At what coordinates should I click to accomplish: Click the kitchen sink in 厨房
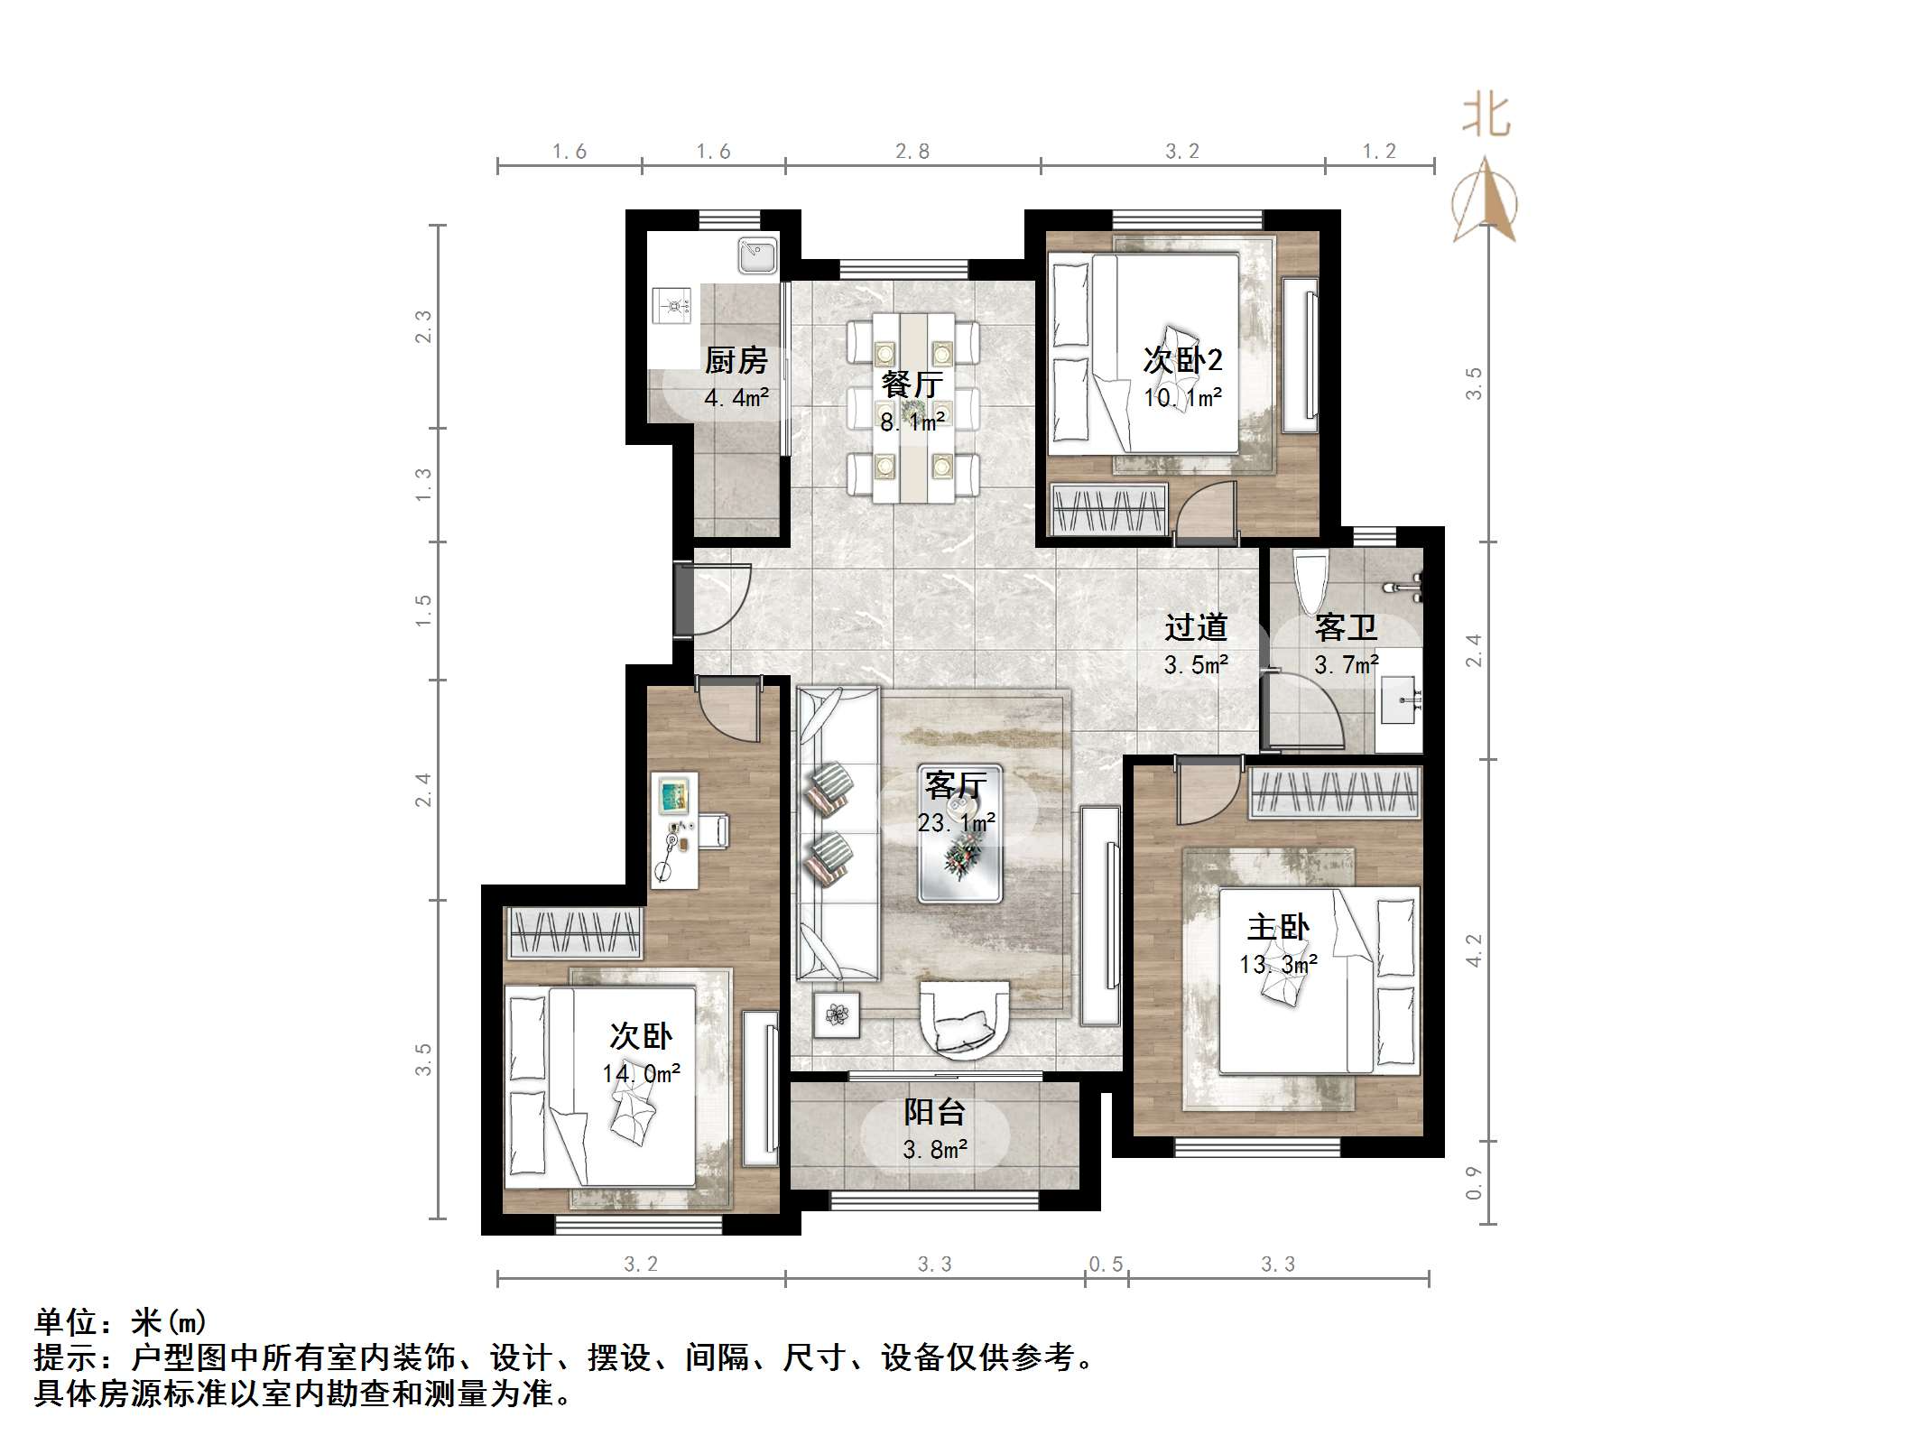(x=757, y=255)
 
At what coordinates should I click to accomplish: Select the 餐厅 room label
(x=912, y=384)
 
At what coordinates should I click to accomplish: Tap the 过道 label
(x=1196, y=626)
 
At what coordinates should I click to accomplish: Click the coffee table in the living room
(x=960, y=834)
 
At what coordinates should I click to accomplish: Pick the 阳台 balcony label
(x=934, y=1112)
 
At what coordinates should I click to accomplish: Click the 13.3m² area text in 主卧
(x=1278, y=964)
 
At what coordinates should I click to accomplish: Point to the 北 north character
(x=1486, y=117)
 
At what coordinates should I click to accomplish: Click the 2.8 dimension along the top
(x=912, y=152)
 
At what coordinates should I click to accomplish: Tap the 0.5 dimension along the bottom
(x=1106, y=1264)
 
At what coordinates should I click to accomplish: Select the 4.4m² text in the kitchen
(x=736, y=397)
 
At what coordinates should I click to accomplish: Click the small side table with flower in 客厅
(x=837, y=1014)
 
